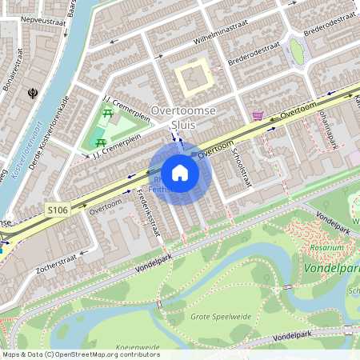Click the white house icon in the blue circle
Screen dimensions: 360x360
(x=179, y=172)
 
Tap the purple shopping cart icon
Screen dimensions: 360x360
(x=258, y=115)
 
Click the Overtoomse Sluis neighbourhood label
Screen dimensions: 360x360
(x=184, y=116)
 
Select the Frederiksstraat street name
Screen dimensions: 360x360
(x=149, y=211)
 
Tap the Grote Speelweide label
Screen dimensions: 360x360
(x=221, y=317)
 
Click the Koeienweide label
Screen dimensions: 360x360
(x=138, y=347)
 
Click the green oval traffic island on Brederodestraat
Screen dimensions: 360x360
(x=297, y=52)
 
